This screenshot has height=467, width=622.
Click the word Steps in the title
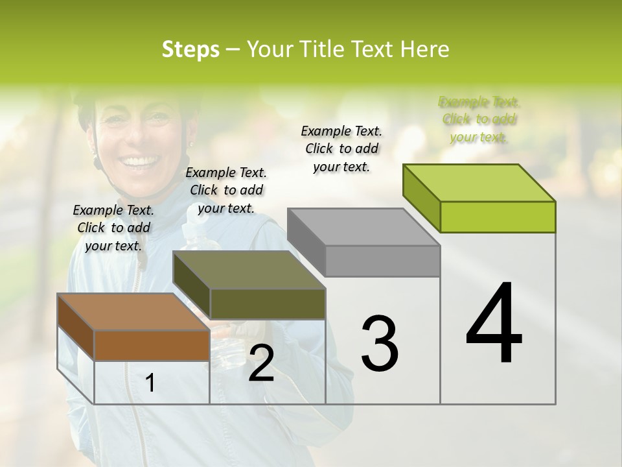tap(190, 49)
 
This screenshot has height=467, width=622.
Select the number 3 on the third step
tap(380, 343)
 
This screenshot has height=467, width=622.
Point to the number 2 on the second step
tap(261, 363)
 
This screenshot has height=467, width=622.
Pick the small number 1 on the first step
tap(150, 383)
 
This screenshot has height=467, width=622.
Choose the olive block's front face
tap(268, 304)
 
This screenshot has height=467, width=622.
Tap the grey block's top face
tap(363, 227)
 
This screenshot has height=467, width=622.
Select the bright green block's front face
tap(498, 217)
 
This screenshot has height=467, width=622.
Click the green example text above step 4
tap(479, 119)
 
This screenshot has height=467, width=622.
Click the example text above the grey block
tap(341, 149)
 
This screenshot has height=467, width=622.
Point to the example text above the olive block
tap(226, 190)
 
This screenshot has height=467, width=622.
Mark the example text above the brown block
tap(113, 228)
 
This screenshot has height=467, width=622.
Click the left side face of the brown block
tap(76, 327)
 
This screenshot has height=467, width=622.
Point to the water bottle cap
tap(190, 229)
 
